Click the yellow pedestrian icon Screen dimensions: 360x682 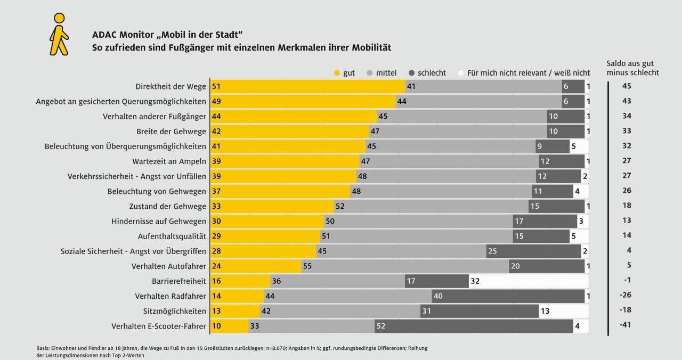pyautogui.click(x=59, y=34)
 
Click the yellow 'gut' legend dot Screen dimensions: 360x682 pyautogui.click(x=337, y=73)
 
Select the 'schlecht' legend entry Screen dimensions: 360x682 pyautogui.click(x=427, y=73)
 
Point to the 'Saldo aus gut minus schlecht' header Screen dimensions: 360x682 pyautogui.click(x=632, y=68)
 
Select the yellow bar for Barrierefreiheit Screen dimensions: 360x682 pyautogui.click(x=240, y=281)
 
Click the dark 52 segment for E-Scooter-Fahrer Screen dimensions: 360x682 pyautogui.click(x=474, y=325)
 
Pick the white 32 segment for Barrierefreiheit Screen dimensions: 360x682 pyautogui.click(x=529, y=281)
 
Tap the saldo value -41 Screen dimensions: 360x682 pyautogui.click(x=625, y=324)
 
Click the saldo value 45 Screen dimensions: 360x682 pyautogui.click(x=626, y=86)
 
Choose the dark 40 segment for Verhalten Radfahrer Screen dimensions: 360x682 pyautogui.click(x=508, y=296)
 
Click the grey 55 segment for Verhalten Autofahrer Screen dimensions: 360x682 pyautogui.click(x=405, y=266)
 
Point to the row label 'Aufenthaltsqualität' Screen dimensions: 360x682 pyautogui.click(x=172, y=236)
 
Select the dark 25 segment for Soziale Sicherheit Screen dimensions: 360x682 pyautogui.click(x=533, y=251)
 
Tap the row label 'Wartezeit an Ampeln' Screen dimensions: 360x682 pyautogui.click(x=169, y=161)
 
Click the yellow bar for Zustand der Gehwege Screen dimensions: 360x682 pyautogui.click(x=272, y=206)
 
